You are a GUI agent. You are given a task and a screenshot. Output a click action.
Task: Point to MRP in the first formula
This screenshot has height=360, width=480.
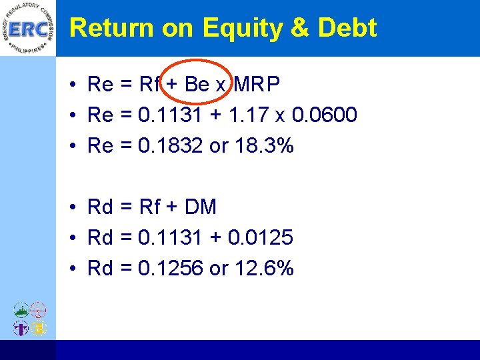pyautogui.click(x=257, y=85)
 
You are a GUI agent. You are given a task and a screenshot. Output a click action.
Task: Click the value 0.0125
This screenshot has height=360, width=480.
pyautogui.click(x=260, y=238)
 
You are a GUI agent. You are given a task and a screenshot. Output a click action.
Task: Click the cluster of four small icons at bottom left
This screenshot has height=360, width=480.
pyautogui.click(x=30, y=319)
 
